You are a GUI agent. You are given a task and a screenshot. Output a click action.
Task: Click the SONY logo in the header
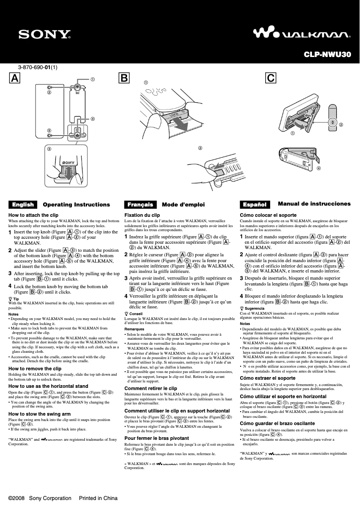point(44,35)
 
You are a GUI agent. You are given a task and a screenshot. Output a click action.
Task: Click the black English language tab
point(23,205)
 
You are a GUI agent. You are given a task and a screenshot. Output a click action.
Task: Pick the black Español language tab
point(255,205)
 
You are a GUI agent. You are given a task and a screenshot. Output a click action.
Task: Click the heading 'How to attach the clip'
point(34,215)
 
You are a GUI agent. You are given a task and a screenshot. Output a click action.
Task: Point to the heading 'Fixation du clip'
point(142,215)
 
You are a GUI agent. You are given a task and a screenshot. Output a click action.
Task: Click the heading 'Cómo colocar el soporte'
point(268,215)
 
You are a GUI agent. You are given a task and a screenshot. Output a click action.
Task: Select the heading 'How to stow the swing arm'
point(40,414)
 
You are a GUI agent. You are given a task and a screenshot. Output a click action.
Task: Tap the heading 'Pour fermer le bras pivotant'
point(157,438)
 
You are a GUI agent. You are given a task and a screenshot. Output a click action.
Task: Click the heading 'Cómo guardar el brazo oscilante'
point(277,423)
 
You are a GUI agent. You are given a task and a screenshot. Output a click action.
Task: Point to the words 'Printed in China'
point(98,498)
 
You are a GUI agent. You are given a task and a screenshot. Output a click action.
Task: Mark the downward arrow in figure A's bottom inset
point(66,173)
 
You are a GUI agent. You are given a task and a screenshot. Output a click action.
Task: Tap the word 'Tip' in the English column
point(16,299)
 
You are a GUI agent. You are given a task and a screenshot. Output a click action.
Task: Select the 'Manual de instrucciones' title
point(314,204)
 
